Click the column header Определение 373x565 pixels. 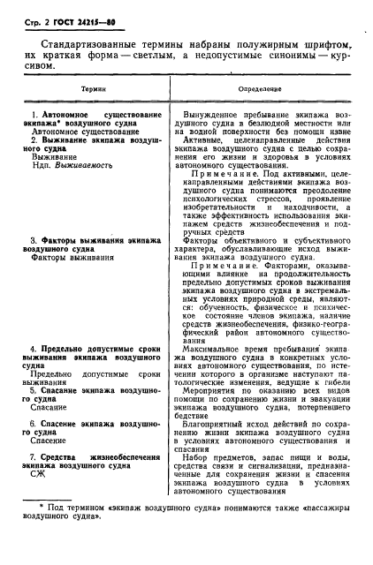pyautogui.click(x=261, y=89)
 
